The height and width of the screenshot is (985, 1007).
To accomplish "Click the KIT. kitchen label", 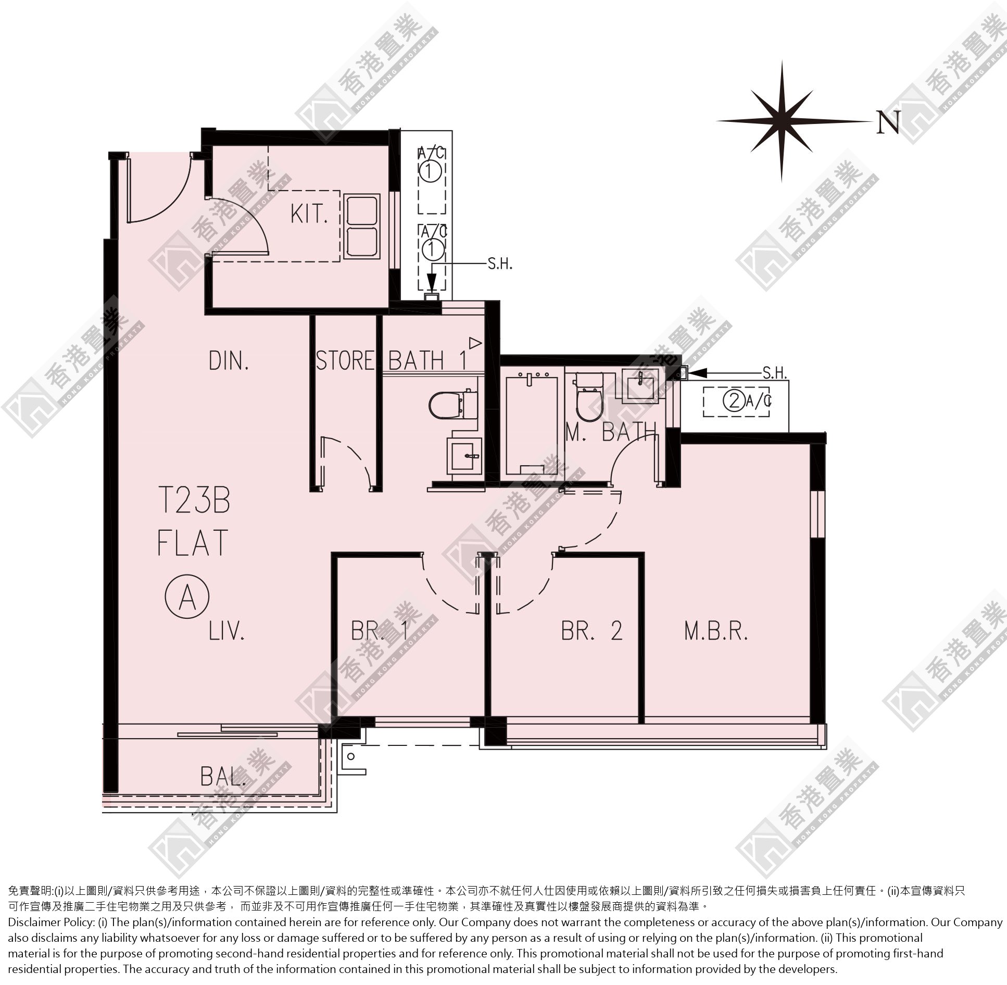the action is pyautogui.click(x=309, y=214).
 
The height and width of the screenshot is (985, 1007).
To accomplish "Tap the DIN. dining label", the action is pyautogui.click(x=229, y=360).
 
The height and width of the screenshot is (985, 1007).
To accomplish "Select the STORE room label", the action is pyautogui.click(x=346, y=360).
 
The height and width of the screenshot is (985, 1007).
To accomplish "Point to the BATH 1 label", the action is pyautogui.click(x=428, y=360).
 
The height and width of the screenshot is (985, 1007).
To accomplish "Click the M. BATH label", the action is pyautogui.click(x=611, y=432).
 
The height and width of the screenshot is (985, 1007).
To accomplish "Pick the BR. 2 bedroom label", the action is pyautogui.click(x=591, y=631).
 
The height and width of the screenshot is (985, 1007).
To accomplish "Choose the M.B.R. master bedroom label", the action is pyautogui.click(x=716, y=631).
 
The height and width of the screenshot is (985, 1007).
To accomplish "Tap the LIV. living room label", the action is pyautogui.click(x=227, y=631).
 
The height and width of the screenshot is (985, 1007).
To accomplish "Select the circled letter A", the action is pyautogui.click(x=187, y=600).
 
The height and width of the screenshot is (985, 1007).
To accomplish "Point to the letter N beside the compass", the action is pyautogui.click(x=889, y=122).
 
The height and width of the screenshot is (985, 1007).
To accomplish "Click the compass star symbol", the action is pyautogui.click(x=782, y=121).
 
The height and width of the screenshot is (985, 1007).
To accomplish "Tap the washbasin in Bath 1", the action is pyautogui.click(x=464, y=455).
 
